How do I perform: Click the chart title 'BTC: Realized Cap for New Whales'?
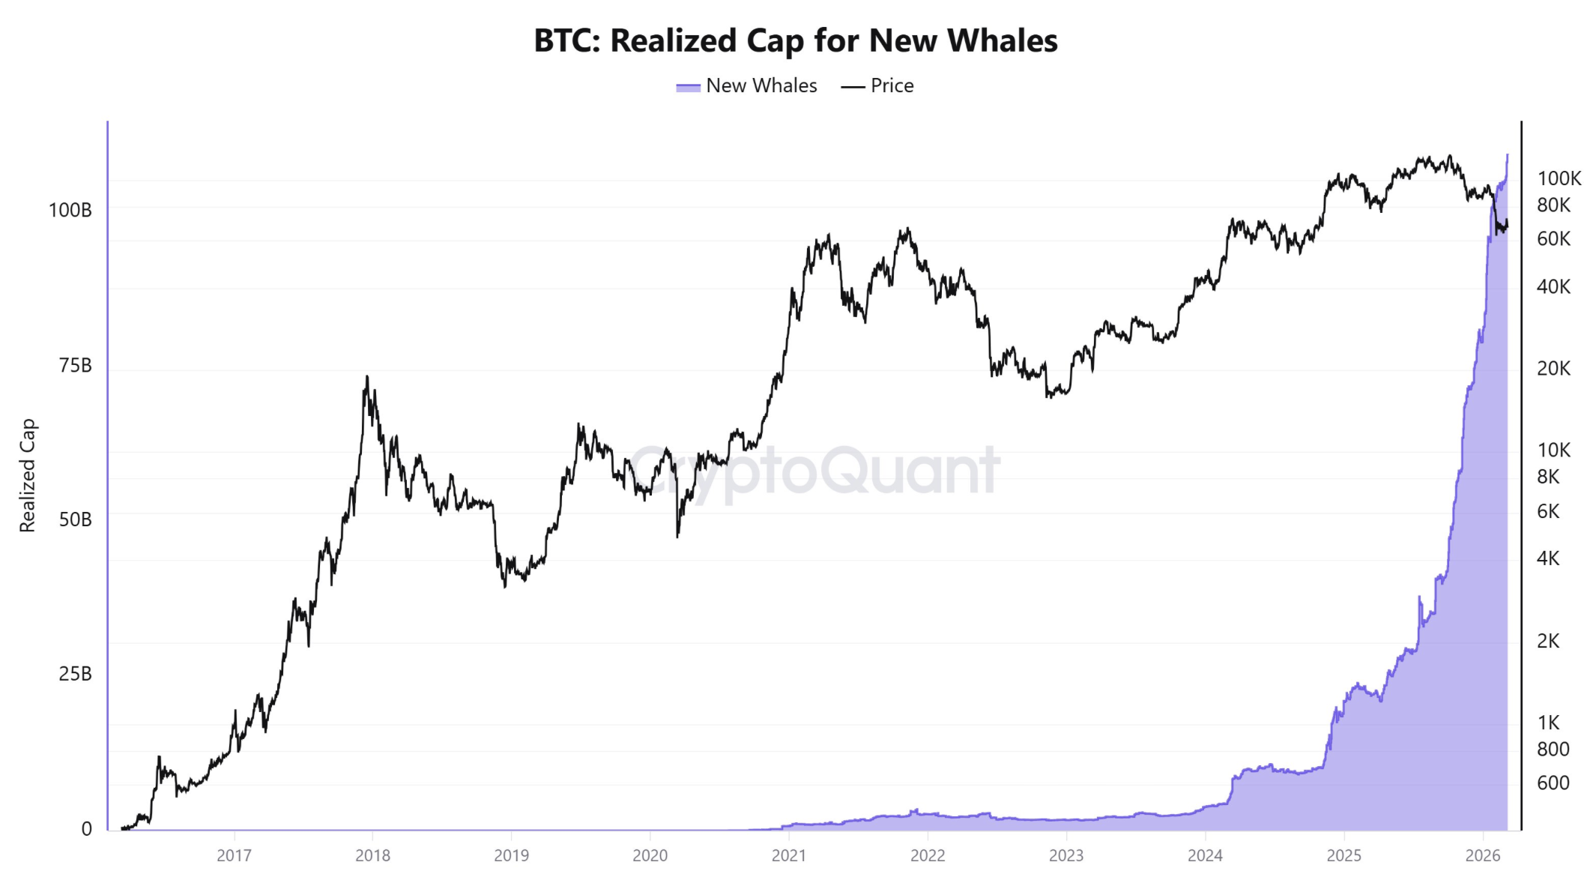coord(795,40)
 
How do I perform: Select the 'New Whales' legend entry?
coord(761,86)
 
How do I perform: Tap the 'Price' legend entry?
coord(892,86)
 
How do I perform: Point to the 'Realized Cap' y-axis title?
coord(28,475)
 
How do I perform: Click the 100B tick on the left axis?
coord(70,210)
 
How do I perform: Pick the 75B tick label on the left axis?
coord(75,366)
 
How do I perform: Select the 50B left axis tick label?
coord(75,519)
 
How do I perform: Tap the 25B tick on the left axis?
coord(75,674)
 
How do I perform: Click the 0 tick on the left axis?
coord(87,829)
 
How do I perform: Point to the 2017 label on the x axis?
coord(234,855)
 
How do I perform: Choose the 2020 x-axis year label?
coord(650,855)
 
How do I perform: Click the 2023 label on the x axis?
coord(1065,855)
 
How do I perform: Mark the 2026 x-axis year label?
coord(1482,855)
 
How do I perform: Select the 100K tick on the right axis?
coord(1559,178)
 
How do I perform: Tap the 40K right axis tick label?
coord(1553,287)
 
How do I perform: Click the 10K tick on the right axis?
coord(1553,450)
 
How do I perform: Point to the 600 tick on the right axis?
coord(1553,783)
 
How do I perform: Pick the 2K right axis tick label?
coord(1548,641)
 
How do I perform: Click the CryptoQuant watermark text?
coord(814,471)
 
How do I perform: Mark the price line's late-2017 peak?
coord(366,377)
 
